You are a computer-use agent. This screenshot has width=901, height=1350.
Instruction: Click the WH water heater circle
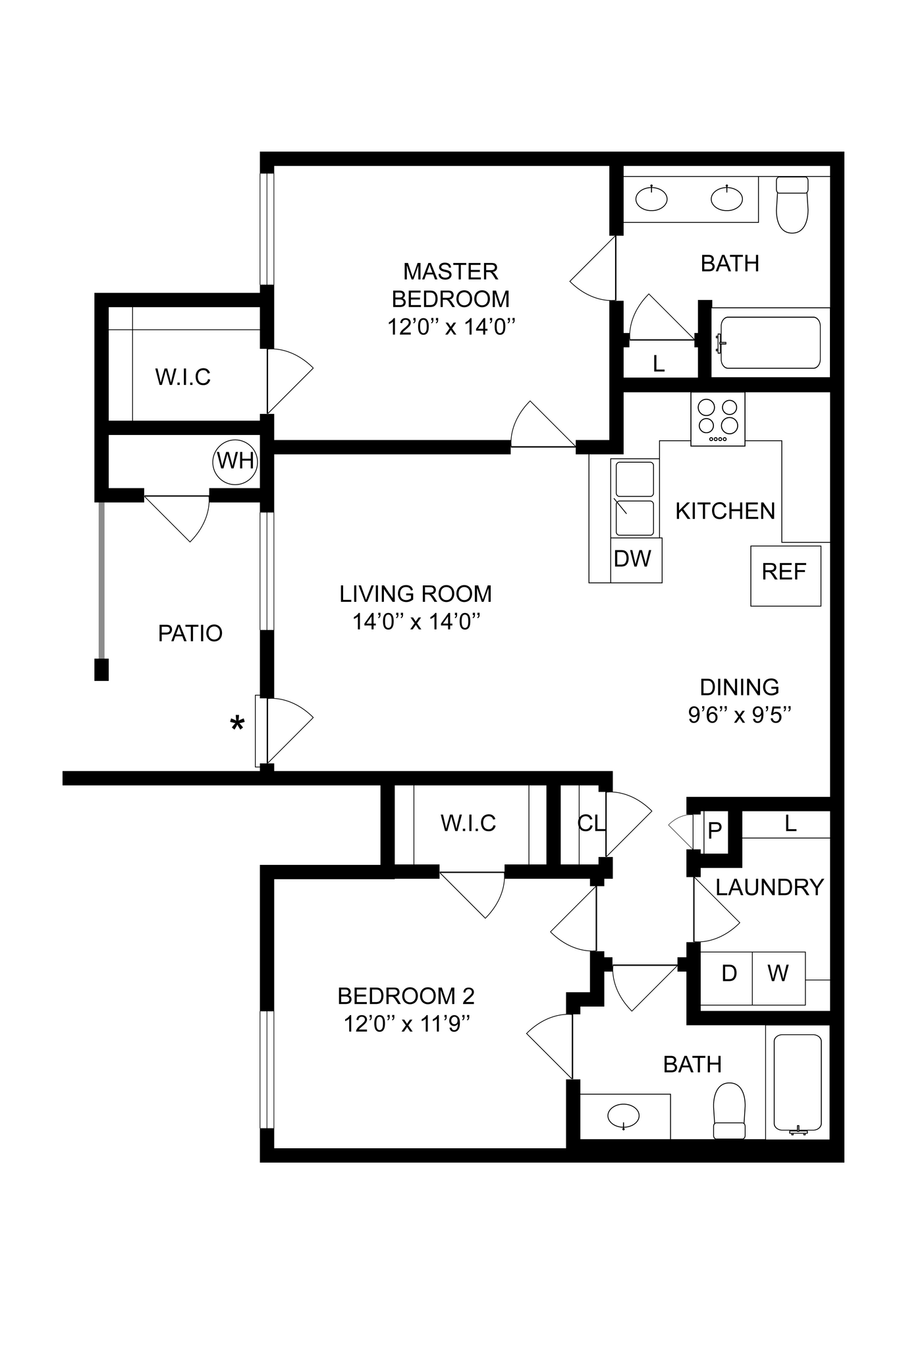click(x=235, y=461)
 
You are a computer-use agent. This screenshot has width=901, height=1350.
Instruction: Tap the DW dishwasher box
click(x=632, y=559)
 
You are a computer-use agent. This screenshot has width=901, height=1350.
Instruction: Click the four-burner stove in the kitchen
click(x=718, y=419)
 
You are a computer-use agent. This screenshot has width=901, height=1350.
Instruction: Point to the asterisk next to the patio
click(x=237, y=724)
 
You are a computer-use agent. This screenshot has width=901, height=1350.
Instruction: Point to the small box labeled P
click(x=715, y=831)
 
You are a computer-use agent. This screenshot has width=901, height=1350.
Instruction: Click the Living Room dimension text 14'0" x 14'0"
click(x=416, y=622)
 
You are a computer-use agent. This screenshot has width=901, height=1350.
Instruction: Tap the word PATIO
click(x=190, y=633)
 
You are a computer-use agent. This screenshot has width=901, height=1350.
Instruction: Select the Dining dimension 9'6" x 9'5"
click(x=739, y=715)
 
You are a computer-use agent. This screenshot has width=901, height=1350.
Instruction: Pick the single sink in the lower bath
click(x=623, y=1117)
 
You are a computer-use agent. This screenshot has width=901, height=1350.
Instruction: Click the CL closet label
click(x=591, y=823)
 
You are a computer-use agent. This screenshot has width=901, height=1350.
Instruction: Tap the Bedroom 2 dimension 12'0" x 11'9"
click(x=406, y=1024)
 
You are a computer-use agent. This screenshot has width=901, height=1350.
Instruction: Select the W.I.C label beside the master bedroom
click(x=183, y=377)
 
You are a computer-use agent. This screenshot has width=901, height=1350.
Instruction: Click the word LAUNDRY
click(x=769, y=887)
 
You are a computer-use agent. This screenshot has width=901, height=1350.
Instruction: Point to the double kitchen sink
click(x=634, y=498)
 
